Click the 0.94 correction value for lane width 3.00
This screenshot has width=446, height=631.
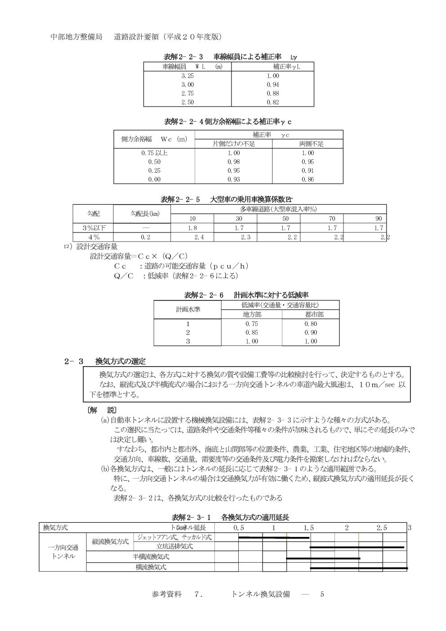[x=272, y=85]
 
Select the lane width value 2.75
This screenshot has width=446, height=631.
[x=187, y=93]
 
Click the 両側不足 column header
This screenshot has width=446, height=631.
[x=311, y=144]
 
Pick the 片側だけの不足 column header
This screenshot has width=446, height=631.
[x=234, y=144]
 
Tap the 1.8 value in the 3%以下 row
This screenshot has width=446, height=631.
[x=192, y=228]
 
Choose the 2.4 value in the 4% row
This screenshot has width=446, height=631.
[x=198, y=237]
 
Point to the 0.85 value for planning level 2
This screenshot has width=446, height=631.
[x=252, y=332]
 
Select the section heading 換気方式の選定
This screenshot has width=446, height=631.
[x=120, y=361]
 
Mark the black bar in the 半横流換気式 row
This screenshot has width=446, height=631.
[x=323, y=558]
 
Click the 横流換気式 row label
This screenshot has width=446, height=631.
[x=151, y=567]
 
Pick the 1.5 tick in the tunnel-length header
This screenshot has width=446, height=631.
[x=309, y=528]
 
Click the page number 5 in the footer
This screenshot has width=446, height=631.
[x=322, y=594]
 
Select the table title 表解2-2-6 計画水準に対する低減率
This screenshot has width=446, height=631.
[x=246, y=295]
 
